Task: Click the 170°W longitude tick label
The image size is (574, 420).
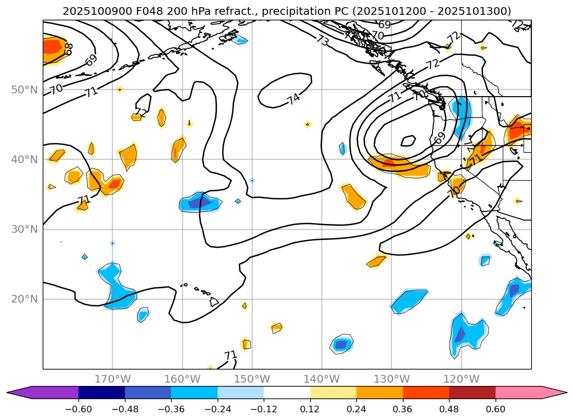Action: (112, 379)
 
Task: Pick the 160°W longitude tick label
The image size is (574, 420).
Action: (182, 379)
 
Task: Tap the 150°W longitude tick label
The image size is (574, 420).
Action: (252, 379)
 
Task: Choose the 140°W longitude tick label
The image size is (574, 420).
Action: (322, 379)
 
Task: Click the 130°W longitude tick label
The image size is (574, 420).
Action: (391, 379)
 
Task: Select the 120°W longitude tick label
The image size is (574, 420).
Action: (462, 379)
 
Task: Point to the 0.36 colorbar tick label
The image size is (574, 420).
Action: (403, 408)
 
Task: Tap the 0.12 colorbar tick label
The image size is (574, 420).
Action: (310, 408)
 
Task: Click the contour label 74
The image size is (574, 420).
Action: (293, 99)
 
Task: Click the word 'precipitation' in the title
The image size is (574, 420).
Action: (293, 11)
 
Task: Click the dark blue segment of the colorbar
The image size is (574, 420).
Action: (101, 392)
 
